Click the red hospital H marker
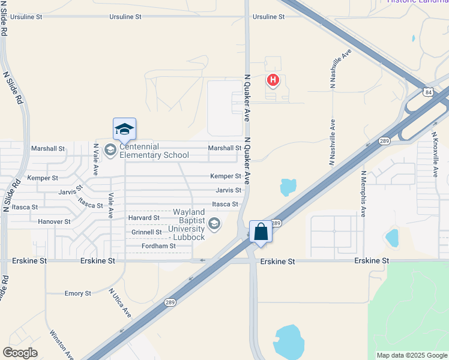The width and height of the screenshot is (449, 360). click(x=273, y=79)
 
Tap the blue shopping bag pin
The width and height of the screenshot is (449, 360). click(x=261, y=231)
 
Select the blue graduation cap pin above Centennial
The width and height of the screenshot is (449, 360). click(x=124, y=129)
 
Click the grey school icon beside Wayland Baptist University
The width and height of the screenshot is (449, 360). click(x=214, y=224)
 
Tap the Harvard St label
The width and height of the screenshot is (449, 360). click(x=144, y=217)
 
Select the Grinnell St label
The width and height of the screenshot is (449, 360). click(x=146, y=232)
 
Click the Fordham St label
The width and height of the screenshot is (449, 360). click(x=158, y=246)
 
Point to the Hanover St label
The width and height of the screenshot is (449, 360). click(x=54, y=221)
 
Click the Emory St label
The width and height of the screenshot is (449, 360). click(x=77, y=293)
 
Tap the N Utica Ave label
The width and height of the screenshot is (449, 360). click(x=119, y=303)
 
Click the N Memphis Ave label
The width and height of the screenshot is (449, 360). click(x=363, y=193)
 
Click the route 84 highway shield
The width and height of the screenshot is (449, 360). click(x=427, y=92)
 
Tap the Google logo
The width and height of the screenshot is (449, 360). click(x=20, y=353)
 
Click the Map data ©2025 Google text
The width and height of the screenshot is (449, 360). click(x=412, y=355)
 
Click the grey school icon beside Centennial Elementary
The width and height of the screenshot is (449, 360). click(x=110, y=150)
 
